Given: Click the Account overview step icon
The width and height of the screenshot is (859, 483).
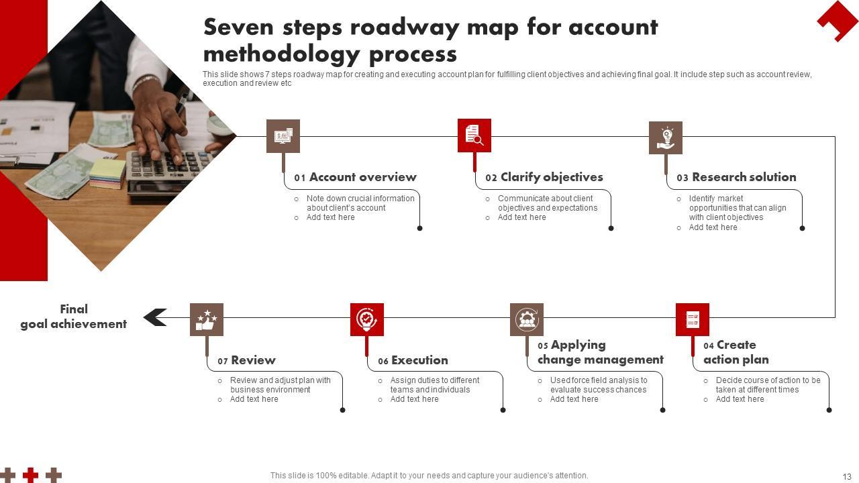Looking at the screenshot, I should (283, 136).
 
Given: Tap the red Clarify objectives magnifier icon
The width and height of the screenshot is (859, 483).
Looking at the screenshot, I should (474, 136).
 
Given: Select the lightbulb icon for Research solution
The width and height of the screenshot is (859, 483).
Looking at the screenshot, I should (666, 138).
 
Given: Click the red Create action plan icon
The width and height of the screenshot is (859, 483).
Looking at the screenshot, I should (693, 319).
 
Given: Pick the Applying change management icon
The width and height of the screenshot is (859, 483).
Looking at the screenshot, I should (527, 319).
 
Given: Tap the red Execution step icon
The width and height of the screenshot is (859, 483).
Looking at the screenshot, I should (367, 319).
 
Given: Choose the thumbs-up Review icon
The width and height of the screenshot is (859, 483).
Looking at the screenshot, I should (207, 319).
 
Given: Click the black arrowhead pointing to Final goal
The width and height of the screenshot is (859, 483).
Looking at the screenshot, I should (155, 317).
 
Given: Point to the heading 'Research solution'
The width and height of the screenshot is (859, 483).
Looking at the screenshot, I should (744, 177).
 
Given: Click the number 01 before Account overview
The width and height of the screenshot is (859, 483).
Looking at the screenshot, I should (300, 178).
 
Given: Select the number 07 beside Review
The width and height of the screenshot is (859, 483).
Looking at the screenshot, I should (223, 362).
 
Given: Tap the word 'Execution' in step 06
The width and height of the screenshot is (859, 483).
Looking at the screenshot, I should (419, 360).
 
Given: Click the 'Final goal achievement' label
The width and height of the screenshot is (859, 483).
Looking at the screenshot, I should (74, 317).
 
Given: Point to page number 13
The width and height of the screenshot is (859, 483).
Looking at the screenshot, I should (847, 476).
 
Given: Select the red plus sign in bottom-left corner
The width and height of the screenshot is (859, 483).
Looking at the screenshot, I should (30, 475).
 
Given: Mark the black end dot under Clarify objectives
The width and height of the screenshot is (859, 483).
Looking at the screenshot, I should (611, 228).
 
